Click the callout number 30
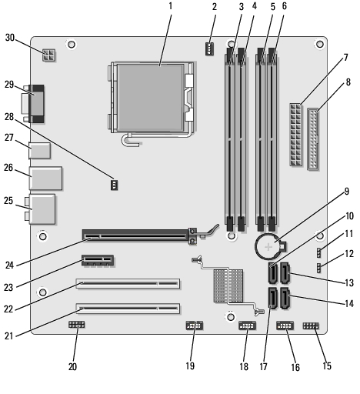tap(10, 38)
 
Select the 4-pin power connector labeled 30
tap(48, 55)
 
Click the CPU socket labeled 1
tap(151, 98)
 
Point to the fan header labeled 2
tap(209, 48)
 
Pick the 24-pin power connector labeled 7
tap(295, 135)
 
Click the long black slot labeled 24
tap(136, 235)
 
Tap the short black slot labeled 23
tap(98, 260)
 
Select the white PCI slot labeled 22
tap(128, 283)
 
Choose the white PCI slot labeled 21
tap(128, 309)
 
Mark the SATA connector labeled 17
tap(273, 298)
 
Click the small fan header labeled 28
tap(114, 185)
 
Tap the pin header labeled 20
tap(77, 325)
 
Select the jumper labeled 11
tap(319, 252)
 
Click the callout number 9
tap(346, 192)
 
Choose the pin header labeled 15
tap(311, 326)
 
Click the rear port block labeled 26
tap(46, 179)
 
